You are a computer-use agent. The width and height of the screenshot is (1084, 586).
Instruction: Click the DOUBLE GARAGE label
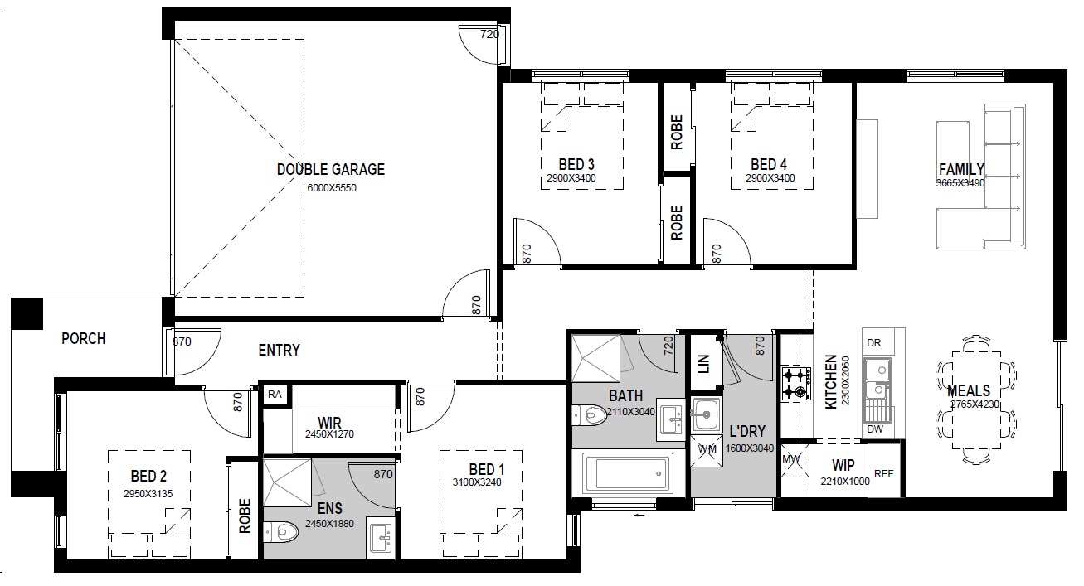[x=331, y=169]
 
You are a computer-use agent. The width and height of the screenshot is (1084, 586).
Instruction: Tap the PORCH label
[x=83, y=338]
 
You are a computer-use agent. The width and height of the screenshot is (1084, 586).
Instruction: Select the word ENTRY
[x=279, y=350]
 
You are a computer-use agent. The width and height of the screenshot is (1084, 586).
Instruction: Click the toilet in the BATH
[x=589, y=414]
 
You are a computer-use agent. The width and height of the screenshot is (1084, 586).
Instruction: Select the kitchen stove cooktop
[x=796, y=384]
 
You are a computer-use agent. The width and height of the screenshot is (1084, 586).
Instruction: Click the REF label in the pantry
[x=883, y=474]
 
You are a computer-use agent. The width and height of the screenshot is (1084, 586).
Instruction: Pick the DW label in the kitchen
[x=875, y=429]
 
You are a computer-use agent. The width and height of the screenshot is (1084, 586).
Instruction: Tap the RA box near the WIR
[x=275, y=394]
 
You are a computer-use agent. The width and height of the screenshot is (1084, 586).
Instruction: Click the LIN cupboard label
[x=703, y=364]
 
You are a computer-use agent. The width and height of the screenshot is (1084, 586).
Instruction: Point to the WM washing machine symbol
[x=707, y=450]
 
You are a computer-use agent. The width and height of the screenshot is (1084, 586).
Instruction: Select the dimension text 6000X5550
[x=332, y=188]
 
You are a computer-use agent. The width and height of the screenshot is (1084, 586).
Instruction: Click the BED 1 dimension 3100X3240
[x=477, y=482]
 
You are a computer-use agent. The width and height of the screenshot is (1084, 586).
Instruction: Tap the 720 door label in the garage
[x=489, y=34]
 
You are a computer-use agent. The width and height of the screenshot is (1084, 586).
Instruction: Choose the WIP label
[x=843, y=465]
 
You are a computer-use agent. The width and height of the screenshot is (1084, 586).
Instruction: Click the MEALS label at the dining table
[x=969, y=390]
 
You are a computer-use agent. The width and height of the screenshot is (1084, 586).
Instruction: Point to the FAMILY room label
[x=961, y=169]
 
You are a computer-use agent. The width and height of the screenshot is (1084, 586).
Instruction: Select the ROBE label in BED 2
[x=245, y=516]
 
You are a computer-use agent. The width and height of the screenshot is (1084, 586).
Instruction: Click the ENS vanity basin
[x=381, y=535]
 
